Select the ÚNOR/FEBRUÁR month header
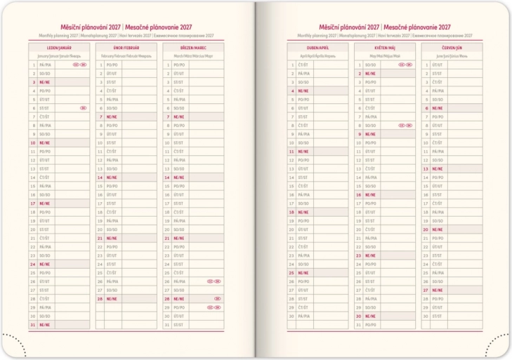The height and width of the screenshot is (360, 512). (126, 47)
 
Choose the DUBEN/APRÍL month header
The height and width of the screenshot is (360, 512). (317, 47)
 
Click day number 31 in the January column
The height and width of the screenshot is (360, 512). (32, 325)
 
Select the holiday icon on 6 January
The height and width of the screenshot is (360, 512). (83, 108)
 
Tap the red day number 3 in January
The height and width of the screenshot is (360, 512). (33, 82)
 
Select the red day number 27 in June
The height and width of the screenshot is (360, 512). (426, 290)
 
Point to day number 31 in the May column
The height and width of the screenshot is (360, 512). (358, 325)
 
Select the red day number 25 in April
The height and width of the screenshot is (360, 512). (291, 273)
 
